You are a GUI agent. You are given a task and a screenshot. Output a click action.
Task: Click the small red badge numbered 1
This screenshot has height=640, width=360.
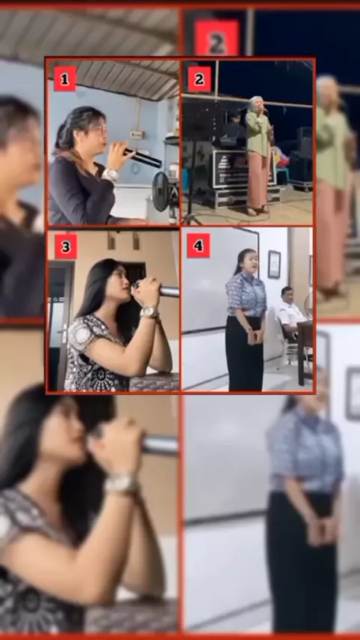point(65,79)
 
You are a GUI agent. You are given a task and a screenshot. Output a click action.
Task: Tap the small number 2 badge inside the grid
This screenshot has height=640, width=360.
point(199,79)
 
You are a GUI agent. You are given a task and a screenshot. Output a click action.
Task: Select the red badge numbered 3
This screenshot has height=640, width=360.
point(66,246)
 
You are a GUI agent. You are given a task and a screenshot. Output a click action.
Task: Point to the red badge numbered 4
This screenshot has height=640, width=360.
point(199,245)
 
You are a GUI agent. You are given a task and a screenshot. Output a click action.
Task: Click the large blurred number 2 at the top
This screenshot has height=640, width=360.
point(217,37)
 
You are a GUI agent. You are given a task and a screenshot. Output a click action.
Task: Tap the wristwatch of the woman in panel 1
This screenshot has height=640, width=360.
point(111,175)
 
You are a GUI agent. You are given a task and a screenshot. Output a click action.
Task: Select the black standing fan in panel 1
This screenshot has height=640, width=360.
point(164,193)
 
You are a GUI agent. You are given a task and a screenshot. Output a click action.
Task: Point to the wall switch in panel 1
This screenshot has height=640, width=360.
point(136,134)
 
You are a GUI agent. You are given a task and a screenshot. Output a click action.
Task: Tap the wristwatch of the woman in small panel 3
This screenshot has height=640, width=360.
point(148,313)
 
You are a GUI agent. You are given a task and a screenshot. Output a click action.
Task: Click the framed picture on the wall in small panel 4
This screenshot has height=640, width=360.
point(274,264)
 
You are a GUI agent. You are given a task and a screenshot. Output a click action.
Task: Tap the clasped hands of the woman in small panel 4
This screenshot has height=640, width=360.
point(254,335)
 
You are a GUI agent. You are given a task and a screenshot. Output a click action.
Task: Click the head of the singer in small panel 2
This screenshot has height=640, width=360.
point(256,104)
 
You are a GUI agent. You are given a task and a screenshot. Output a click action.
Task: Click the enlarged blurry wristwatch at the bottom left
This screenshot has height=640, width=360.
point(121,483)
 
